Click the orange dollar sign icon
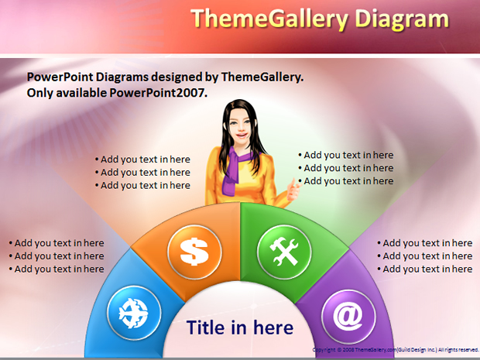tap(194, 252)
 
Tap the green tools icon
tap(284, 252)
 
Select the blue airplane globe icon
tap(134, 313)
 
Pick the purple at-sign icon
tap(348, 317)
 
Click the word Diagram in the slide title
tap(402, 19)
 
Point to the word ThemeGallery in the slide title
tap(269, 19)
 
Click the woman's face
tap(241, 127)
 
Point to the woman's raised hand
tap(294, 190)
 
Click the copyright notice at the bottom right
tap(396, 350)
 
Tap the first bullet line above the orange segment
tap(142, 159)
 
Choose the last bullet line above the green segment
tap(346, 181)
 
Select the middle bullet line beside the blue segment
tap(57, 256)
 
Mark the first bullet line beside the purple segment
tap(425, 243)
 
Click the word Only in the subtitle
tap(39, 93)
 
